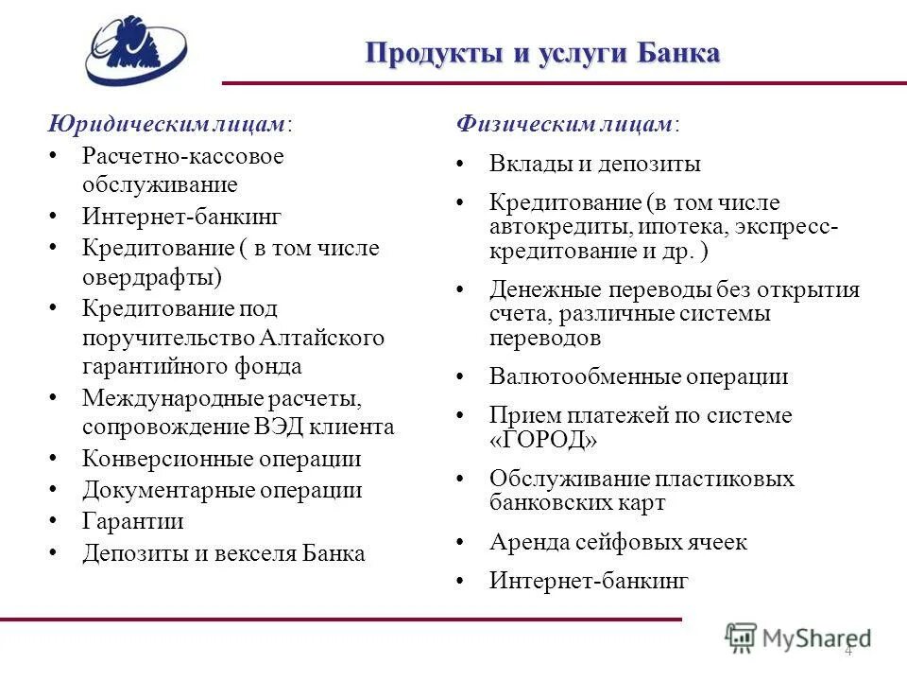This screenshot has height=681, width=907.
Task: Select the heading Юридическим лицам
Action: coord(170,124)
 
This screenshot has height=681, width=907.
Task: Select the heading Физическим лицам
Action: coord(567,124)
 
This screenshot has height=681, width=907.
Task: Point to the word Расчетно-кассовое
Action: coord(182,154)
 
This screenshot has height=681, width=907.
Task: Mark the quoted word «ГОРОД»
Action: coord(543,440)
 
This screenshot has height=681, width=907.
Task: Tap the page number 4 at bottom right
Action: coord(847,650)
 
